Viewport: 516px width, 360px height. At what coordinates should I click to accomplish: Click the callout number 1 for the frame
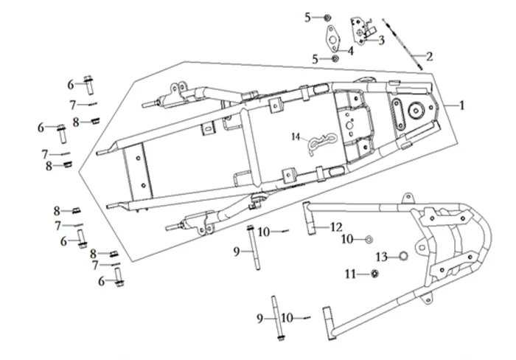(463, 105)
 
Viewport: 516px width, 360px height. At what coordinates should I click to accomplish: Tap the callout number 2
(430, 55)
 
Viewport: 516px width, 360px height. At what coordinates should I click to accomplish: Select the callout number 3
(382, 41)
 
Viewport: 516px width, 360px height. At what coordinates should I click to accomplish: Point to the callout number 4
(351, 51)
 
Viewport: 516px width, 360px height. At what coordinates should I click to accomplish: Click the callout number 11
(349, 274)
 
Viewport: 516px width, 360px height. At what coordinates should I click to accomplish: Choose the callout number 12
(336, 226)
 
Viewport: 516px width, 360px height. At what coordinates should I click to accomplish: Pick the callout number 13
(381, 257)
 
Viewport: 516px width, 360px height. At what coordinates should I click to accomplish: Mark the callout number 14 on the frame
(295, 137)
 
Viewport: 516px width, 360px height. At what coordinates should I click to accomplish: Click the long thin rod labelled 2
(410, 44)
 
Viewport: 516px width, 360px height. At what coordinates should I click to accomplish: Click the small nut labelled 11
(374, 275)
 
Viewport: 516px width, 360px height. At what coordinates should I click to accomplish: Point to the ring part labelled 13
(403, 257)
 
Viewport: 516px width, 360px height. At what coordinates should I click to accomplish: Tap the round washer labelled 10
(369, 239)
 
